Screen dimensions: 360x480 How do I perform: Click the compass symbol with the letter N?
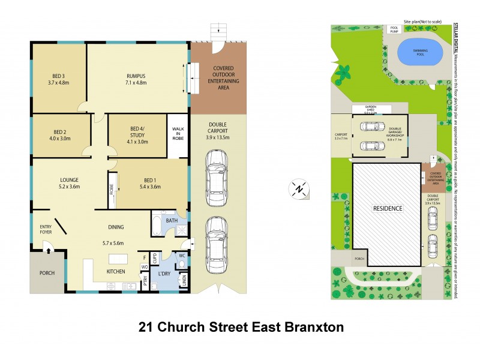click(x=299, y=190)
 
